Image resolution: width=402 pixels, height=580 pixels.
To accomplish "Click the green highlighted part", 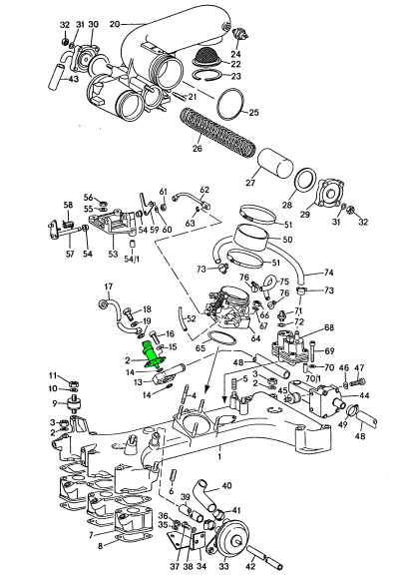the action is pos(152,355).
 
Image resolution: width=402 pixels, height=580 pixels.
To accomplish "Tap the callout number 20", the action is pos(115,24).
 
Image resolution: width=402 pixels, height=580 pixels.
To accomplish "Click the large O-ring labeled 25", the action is pos(231,104).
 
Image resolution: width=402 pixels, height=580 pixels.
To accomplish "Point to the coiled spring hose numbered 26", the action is pos(217,133).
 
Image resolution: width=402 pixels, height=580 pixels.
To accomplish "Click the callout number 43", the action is pos(74,79).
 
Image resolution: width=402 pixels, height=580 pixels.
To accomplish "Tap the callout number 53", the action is pos(113,254).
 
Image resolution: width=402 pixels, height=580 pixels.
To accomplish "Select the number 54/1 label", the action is pos(132,259).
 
